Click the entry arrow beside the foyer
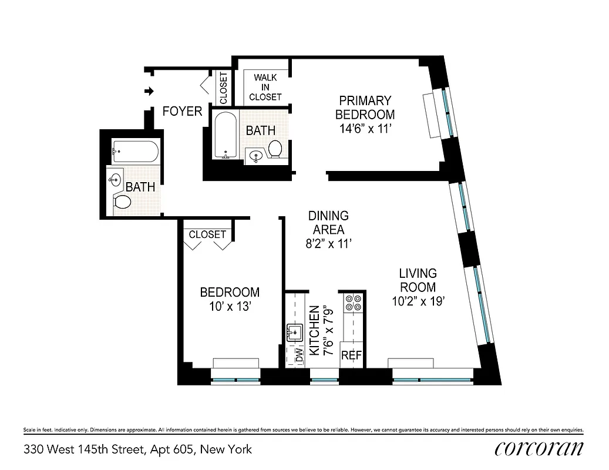pyautogui.click(x=150, y=91)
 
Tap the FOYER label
pyautogui.click(x=182, y=111)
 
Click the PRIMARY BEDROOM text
pyautogui.click(x=365, y=107)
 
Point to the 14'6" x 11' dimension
pyautogui.click(x=365, y=129)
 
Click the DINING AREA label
pyautogui.click(x=328, y=223)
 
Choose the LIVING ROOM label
pyautogui.click(x=418, y=280)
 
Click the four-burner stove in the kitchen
pyautogui.click(x=353, y=303)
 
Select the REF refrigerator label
pyautogui.click(x=351, y=355)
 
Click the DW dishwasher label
pyautogui.click(x=299, y=355)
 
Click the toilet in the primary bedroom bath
pyautogui.click(x=275, y=150)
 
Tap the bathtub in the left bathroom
pyautogui.click(x=136, y=152)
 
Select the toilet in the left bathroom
pyautogui.click(x=122, y=202)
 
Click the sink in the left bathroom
pyautogui.click(x=116, y=179)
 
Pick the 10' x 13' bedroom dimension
pyautogui.click(x=230, y=306)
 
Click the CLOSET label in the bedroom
pyautogui.click(x=207, y=234)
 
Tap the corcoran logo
pyautogui.click(x=539, y=448)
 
